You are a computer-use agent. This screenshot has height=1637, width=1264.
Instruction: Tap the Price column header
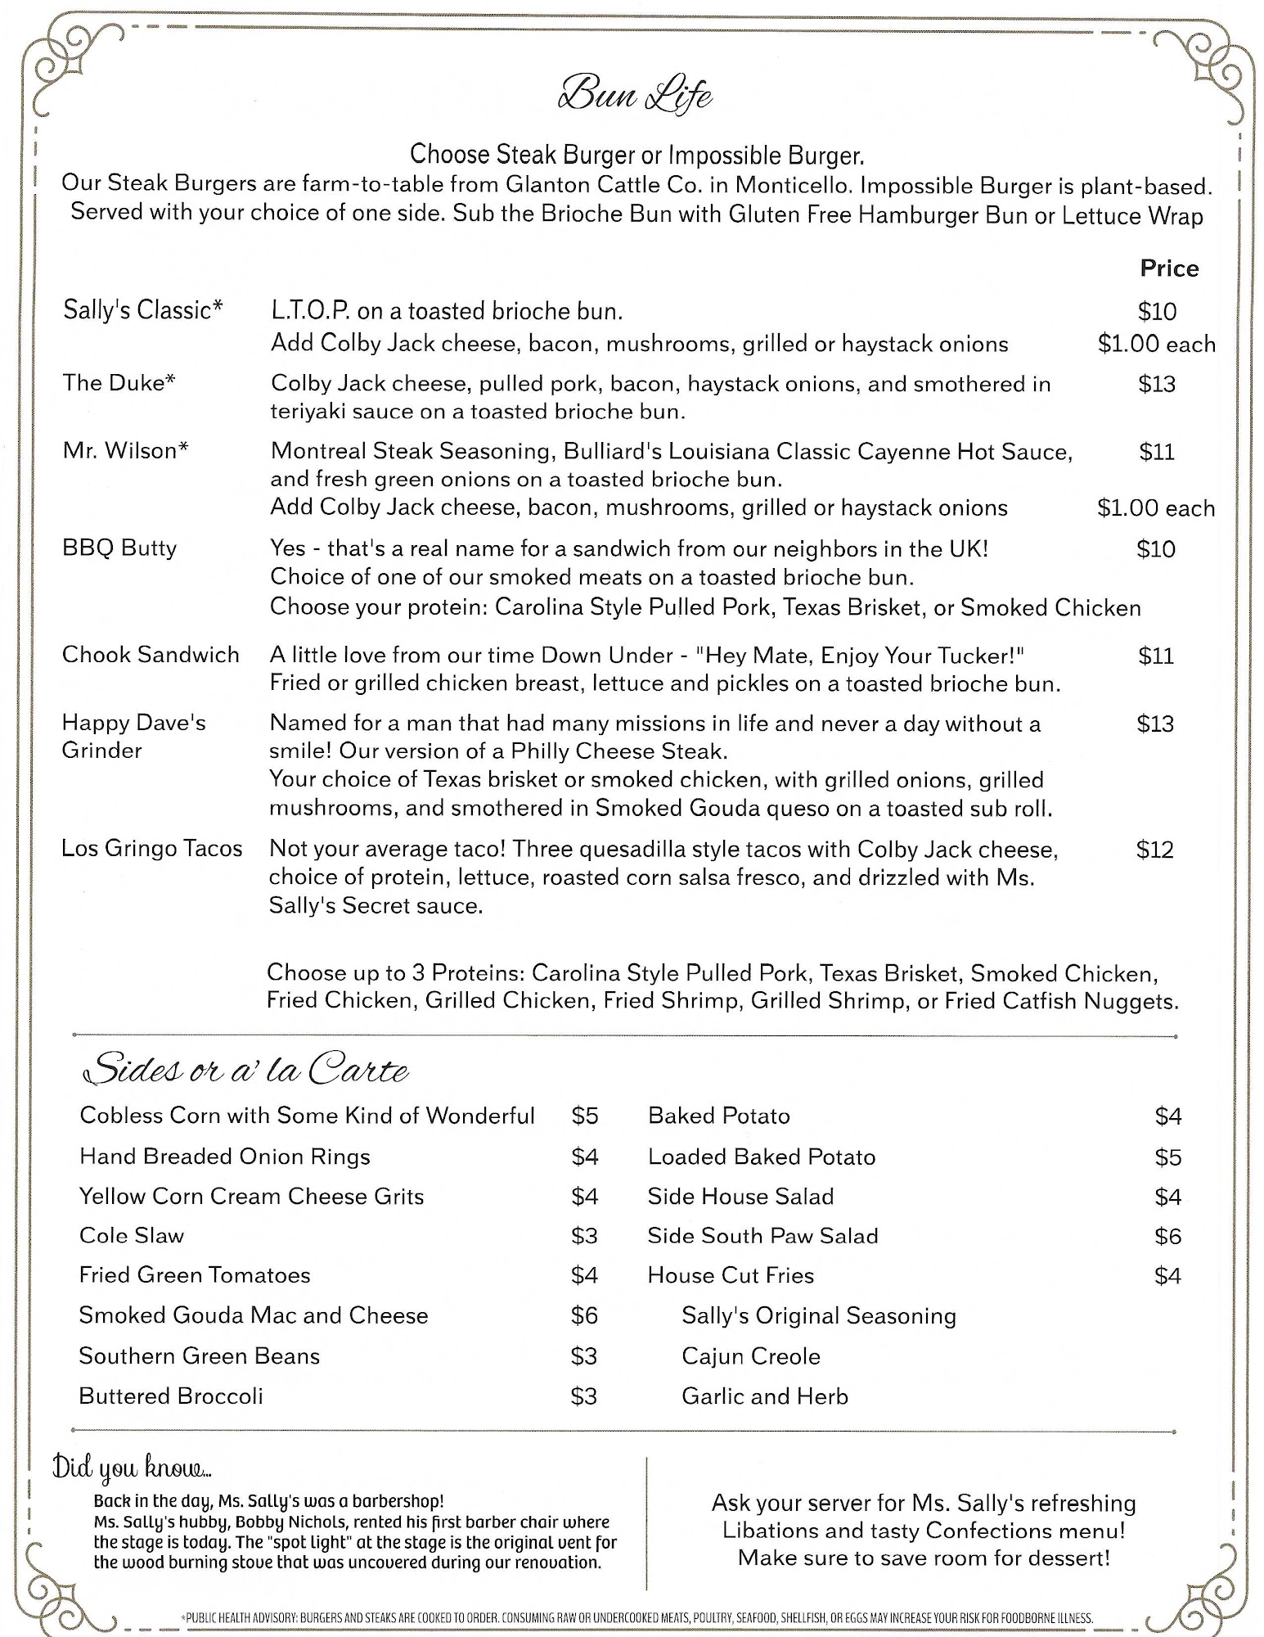point(1168,268)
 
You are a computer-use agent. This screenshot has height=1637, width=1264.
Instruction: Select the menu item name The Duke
point(119,383)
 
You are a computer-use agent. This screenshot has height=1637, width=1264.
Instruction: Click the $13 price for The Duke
point(1156,384)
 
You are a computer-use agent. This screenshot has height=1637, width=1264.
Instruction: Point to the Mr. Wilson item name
point(125,451)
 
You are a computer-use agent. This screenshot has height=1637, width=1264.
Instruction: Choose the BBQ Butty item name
point(119,548)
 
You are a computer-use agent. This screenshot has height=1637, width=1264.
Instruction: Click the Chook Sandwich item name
point(151,655)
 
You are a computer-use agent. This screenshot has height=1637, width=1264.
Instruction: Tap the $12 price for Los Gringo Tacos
point(1154,850)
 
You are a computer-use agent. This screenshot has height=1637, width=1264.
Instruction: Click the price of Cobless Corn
point(585,1116)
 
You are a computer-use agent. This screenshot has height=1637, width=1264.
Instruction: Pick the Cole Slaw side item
point(132,1235)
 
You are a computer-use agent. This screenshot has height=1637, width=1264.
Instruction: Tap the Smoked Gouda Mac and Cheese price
point(584,1315)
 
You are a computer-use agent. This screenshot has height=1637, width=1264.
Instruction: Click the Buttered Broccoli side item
point(171,1396)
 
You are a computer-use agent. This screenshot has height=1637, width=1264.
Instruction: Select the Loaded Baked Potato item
point(761,1157)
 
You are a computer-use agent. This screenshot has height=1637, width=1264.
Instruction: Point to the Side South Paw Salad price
point(1167,1236)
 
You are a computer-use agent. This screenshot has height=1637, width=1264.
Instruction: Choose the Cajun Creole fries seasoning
point(750,1356)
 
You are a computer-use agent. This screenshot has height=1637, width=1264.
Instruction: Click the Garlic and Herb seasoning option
point(764,1396)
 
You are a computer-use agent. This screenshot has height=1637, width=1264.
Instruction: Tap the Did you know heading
point(132,1468)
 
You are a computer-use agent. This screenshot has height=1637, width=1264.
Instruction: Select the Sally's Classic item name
point(143,310)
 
